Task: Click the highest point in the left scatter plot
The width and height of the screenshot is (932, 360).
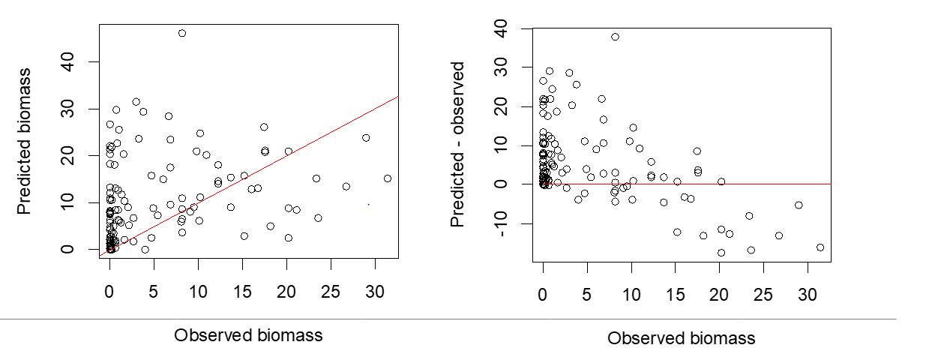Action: point(182,33)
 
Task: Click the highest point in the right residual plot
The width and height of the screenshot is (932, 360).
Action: point(615,37)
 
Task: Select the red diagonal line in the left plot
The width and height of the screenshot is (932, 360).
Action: point(300,142)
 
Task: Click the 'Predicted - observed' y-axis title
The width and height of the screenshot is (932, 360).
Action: point(457,145)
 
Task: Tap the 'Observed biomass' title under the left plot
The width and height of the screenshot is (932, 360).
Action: point(248,335)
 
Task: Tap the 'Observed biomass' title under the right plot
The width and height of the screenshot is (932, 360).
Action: point(681,338)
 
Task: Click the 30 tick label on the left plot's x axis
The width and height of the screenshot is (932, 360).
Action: point(374,290)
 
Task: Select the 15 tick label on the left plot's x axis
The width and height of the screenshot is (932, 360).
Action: point(242,290)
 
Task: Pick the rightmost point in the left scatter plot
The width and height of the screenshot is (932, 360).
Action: point(388,178)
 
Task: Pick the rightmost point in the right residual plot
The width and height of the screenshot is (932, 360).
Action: point(820,247)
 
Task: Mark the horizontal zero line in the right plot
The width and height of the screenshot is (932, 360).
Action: point(712,184)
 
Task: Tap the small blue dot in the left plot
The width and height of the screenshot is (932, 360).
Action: point(368,204)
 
